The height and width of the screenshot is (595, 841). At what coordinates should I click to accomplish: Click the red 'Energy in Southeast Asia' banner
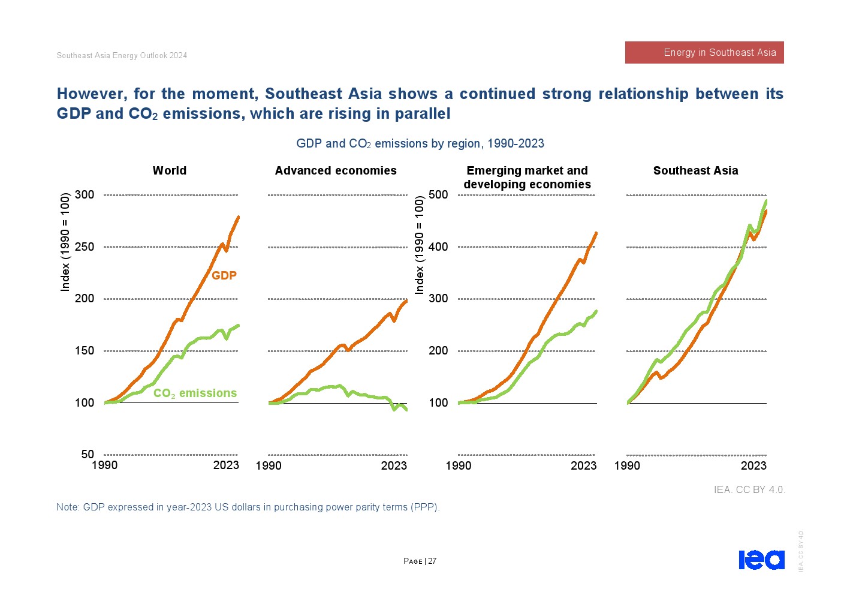click(x=704, y=53)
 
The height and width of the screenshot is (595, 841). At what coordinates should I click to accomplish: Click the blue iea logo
click(x=761, y=560)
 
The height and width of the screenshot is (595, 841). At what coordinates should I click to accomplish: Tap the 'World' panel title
click(x=170, y=171)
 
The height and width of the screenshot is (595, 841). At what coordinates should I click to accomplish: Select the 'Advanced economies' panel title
click(x=336, y=171)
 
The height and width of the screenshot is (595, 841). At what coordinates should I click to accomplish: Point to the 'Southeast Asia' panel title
click(x=695, y=171)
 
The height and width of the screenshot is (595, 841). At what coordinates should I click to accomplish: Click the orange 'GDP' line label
click(x=224, y=276)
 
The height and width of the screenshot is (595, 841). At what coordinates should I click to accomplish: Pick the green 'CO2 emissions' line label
click(x=195, y=393)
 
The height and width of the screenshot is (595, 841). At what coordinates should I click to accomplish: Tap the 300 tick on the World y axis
click(x=85, y=195)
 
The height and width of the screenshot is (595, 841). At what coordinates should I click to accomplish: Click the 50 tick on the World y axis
click(x=88, y=455)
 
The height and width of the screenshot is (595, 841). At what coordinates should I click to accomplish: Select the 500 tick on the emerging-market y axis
click(x=438, y=195)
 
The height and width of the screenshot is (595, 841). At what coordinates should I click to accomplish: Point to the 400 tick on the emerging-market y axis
click(x=438, y=247)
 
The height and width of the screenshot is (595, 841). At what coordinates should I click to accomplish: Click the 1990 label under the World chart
click(x=105, y=465)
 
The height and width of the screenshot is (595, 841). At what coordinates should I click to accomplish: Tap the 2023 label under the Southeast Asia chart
click(x=753, y=466)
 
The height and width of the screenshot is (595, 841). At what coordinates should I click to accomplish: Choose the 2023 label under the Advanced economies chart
click(x=394, y=466)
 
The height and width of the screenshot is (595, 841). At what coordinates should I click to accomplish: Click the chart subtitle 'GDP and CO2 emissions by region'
click(x=420, y=144)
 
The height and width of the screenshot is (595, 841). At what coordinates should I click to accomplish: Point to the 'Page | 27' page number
click(x=420, y=561)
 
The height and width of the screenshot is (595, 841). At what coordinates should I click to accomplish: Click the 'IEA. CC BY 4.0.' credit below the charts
click(x=749, y=490)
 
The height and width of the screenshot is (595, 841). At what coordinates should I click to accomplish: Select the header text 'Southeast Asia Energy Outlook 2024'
click(x=122, y=56)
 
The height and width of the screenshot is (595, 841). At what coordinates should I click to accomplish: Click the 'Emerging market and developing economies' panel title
click(x=527, y=178)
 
